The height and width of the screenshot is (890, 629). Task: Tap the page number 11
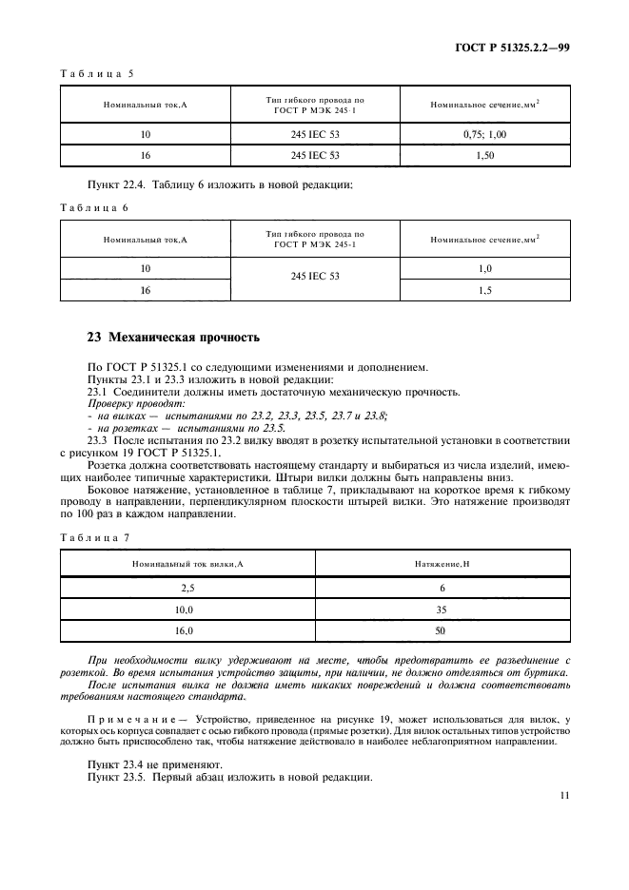(565, 797)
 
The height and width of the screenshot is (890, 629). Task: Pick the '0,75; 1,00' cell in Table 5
(485, 135)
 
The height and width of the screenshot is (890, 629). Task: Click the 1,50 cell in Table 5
(485, 155)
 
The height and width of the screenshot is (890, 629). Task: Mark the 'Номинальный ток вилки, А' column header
(187, 565)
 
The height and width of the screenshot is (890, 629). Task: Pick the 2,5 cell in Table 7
(187, 589)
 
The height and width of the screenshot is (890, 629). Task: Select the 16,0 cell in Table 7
(187, 630)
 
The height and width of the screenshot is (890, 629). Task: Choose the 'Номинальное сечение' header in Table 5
(485, 103)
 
